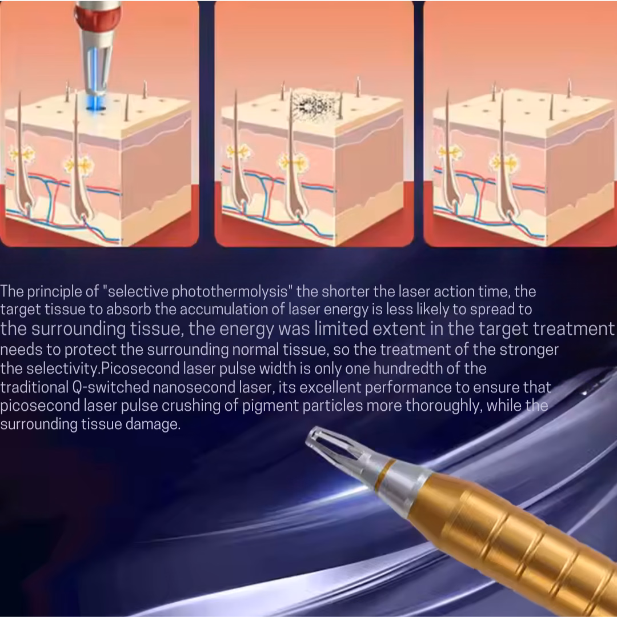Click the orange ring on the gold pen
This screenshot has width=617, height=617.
tap(384, 475)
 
